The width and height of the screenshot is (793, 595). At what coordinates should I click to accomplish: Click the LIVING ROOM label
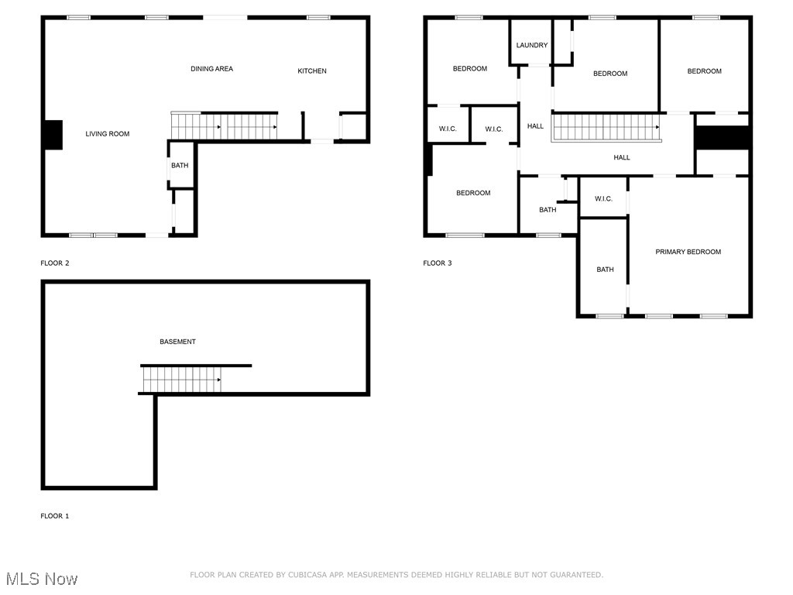click(108, 134)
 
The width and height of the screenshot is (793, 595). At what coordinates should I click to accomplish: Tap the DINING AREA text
click(211, 69)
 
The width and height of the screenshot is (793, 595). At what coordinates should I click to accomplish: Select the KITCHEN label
click(312, 71)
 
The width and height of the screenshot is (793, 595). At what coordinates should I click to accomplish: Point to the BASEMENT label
click(177, 342)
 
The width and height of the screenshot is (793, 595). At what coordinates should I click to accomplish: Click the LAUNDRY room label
click(532, 45)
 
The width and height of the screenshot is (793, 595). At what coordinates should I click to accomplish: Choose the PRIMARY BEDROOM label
click(688, 252)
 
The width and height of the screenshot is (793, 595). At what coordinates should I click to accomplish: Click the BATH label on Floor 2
click(180, 165)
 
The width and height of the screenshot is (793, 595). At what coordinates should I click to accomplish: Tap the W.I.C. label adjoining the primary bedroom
click(603, 199)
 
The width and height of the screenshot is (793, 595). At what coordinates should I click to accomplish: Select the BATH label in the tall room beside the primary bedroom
click(605, 270)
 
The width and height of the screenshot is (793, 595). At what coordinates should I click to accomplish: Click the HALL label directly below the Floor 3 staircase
click(622, 157)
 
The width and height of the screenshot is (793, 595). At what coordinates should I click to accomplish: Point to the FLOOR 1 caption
click(55, 516)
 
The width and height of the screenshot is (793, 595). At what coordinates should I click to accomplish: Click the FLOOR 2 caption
click(55, 263)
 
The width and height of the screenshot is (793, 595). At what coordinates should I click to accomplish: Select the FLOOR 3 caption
click(438, 263)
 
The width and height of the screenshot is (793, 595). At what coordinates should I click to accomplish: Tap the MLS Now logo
click(42, 579)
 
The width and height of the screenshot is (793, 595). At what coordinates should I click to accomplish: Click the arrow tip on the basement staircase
click(221, 380)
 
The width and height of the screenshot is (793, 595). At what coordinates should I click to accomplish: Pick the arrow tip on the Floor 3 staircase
click(658, 127)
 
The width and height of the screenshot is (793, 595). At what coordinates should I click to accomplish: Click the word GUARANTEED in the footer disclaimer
click(575, 575)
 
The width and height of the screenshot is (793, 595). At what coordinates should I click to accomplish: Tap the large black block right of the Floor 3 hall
click(722, 137)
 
